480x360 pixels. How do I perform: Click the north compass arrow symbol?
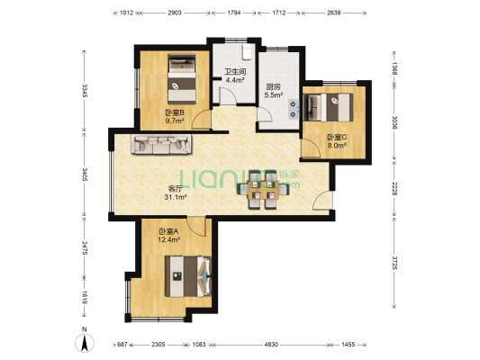85,342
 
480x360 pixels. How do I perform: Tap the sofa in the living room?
161,144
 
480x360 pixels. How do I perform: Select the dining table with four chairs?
263,190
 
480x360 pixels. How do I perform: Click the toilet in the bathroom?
247,52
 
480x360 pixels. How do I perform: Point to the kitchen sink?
294,109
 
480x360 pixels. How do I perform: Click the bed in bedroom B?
182,79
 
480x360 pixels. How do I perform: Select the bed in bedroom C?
328,107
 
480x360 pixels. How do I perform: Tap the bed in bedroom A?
188,276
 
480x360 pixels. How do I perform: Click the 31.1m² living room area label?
176,198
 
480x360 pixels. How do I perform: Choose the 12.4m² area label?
168,240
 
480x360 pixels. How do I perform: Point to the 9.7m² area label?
175,121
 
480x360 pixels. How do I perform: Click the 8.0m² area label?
337,146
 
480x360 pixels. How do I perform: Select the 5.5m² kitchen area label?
274,95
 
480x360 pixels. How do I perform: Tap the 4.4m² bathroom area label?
235,80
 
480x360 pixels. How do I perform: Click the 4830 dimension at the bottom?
271,345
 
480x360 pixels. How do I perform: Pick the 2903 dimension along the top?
175,13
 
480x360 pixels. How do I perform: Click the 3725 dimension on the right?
394,263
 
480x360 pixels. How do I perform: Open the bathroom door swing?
228,95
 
